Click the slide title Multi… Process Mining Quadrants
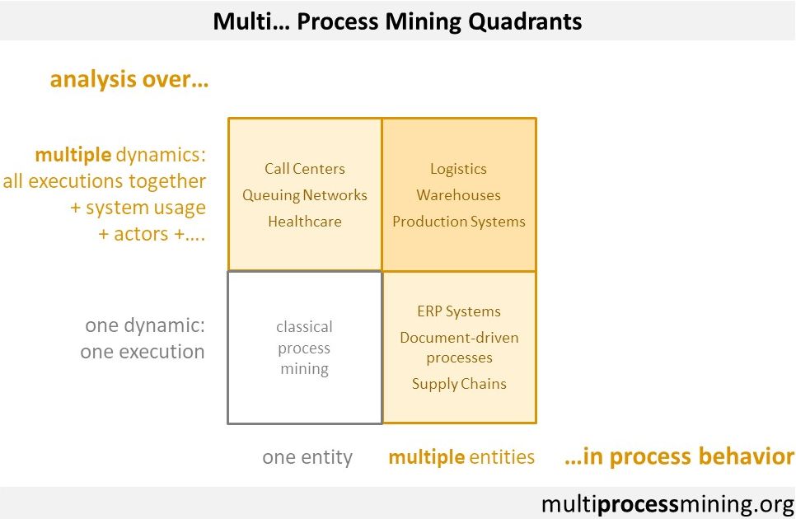[397, 21]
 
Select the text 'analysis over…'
[129, 80]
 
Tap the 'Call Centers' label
[305, 169]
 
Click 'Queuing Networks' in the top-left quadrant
[305, 195]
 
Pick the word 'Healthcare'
[305, 222]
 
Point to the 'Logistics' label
[458, 169]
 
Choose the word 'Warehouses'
[458, 195]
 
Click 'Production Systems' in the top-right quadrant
[458, 222]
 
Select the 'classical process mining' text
[305, 348]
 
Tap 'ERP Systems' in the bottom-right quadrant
[459, 311]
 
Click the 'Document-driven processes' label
[459, 348]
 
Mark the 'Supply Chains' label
[459, 384]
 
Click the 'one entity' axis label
[307, 457]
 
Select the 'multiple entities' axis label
[461, 457]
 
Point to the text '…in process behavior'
[679, 457]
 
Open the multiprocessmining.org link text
[667, 503]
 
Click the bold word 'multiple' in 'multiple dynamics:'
[73, 155]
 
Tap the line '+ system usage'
[138, 208]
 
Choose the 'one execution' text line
[142, 352]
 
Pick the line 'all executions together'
[105, 181]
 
